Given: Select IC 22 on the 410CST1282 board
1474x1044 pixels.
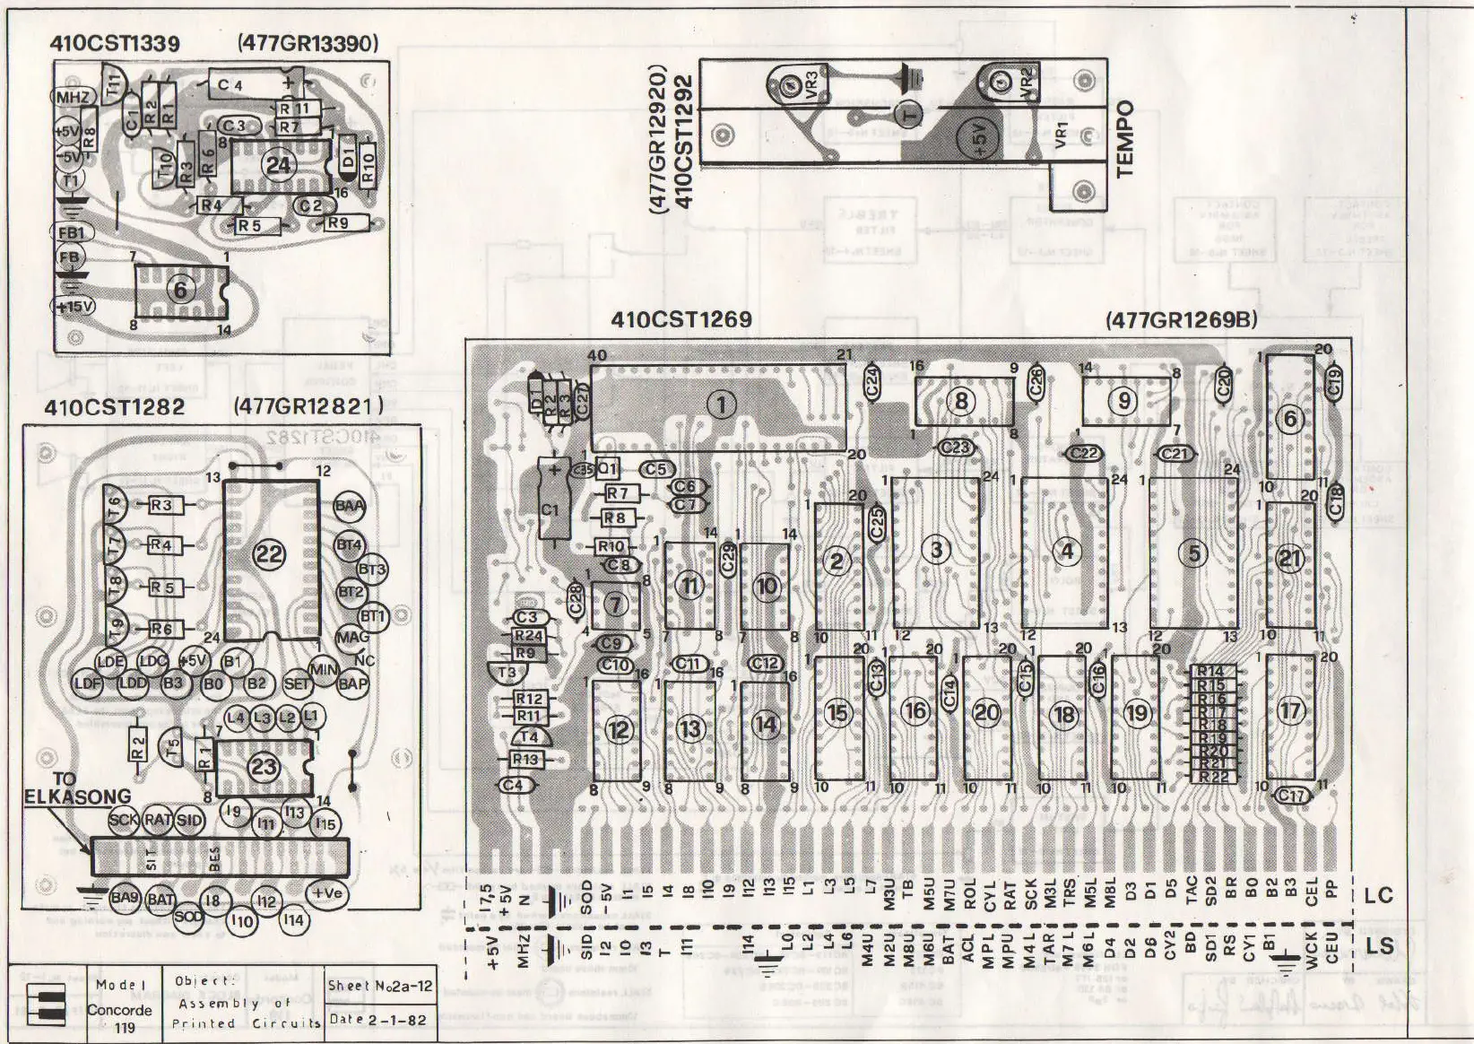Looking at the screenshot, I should pos(269,553).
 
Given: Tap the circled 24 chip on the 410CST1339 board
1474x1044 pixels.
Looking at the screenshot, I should pos(278,165).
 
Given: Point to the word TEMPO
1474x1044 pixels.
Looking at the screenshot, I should pos(1123,138).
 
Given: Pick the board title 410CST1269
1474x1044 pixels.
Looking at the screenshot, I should pos(681,319).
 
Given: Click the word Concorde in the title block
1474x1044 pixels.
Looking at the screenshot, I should pos(120,1010).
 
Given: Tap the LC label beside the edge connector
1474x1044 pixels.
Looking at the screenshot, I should pos(1378,895).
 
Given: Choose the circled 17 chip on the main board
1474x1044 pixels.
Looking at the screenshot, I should pos(1289,711).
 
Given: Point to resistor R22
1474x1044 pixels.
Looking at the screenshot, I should pos(1213,777).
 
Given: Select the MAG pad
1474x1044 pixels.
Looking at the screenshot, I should pos(351,638).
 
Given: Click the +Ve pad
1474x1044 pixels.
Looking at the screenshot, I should pos(326,892).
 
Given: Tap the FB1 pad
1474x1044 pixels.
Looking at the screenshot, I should pos(71,233).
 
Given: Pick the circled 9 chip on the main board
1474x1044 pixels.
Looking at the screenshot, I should pos(1123,401).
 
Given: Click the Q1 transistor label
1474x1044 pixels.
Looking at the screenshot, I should pos(608,468).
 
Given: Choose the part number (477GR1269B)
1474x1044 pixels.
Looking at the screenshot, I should pos(1181,319).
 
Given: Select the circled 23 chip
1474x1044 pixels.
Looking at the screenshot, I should pos(264,767).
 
